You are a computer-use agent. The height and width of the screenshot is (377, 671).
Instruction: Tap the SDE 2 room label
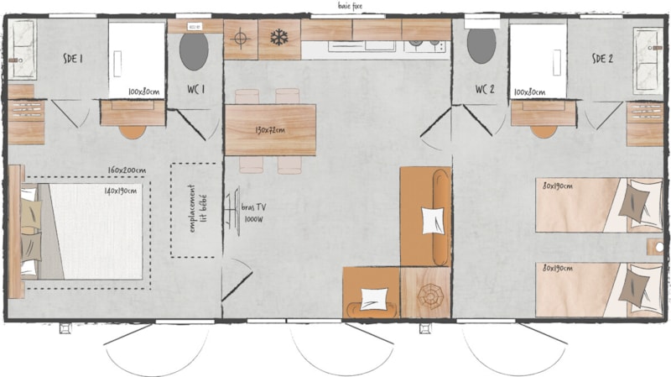click(x=603, y=58)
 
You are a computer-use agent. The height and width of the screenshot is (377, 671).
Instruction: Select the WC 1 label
click(x=195, y=90)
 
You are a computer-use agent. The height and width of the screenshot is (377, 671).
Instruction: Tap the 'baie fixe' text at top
click(x=350, y=6)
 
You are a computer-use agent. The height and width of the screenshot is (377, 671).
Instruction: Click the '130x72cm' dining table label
click(x=270, y=130)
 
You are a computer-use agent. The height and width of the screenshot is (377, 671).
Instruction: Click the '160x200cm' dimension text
click(x=127, y=171)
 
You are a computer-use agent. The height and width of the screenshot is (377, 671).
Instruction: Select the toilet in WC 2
click(x=481, y=45)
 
